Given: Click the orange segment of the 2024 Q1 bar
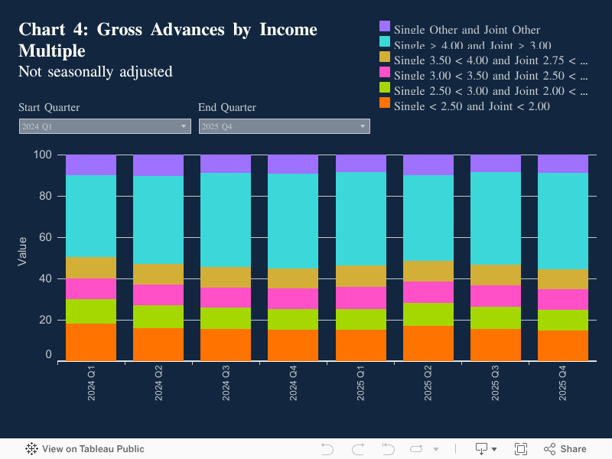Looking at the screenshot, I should (x=91, y=342).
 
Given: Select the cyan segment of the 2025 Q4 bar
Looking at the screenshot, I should (x=563, y=221).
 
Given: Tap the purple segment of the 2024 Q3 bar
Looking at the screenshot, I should (x=226, y=164).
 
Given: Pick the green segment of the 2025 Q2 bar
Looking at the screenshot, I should (x=428, y=314).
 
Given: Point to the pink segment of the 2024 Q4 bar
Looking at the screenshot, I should (x=293, y=299).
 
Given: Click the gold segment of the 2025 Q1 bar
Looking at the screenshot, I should (x=361, y=277).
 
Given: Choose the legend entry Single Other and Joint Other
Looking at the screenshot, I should (x=467, y=30).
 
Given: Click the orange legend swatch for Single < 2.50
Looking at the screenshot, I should (x=385, y=103).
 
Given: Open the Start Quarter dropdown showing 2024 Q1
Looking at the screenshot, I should (x=105, y=126).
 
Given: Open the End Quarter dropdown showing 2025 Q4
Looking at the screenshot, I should (x=285, y=126).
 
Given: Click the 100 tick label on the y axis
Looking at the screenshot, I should (x=43, y=155).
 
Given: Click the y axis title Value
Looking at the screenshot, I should (x=22, y=251).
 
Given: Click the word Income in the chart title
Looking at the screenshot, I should (x=288, y=30).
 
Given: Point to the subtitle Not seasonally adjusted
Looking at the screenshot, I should (x=96, y=72).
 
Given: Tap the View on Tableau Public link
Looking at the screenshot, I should (x=85, y=449).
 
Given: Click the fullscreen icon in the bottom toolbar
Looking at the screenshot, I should (x=521, y=449).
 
